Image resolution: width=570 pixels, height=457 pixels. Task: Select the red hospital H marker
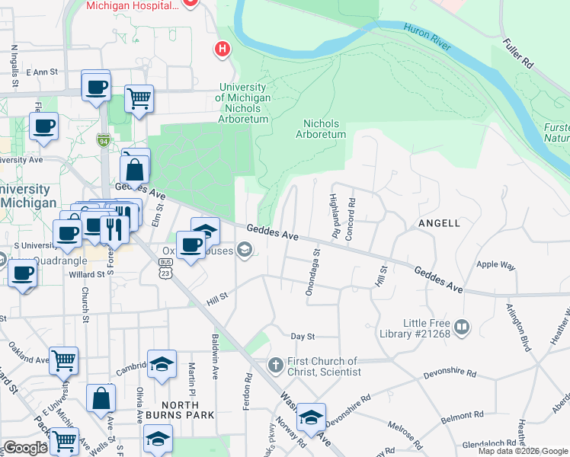(x=223, y=49)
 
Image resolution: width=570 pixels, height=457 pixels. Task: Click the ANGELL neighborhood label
(x=439, y=223)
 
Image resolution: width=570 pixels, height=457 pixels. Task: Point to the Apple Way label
(x=495, y=265)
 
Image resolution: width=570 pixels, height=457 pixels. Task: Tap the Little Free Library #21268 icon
(x=462, y=328)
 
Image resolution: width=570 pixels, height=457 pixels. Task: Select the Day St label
(x=303, y=336)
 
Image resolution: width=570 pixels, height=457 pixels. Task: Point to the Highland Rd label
(x=333, y=215)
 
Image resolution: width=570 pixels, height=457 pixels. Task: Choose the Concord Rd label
(x=351, y=219)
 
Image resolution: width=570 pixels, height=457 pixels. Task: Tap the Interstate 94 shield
(x=104, y=140)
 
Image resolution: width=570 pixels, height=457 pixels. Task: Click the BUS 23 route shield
(x=165, y=266)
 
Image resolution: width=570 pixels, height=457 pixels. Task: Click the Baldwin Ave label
(x=215, y=356)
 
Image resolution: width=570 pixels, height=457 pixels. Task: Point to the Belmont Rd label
(x=462, y=417)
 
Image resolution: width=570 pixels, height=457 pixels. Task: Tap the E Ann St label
(x=42, y=72)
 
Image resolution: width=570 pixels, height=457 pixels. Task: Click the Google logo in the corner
(x=25, y=448)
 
